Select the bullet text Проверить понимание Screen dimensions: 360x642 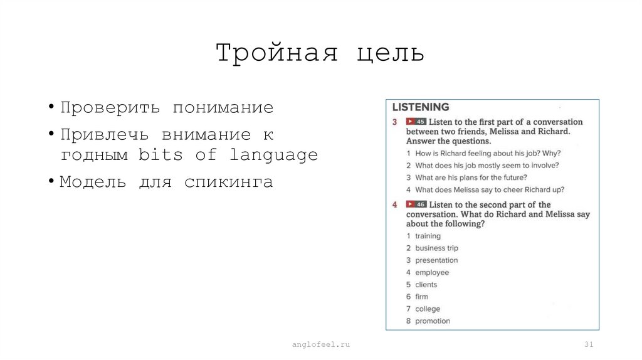tap(167, 108)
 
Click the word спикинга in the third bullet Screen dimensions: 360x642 tap(229, 183)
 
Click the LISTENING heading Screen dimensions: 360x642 tap(421, 107)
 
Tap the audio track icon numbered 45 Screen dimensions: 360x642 tap(416, 122)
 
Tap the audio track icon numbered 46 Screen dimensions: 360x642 tap(416, 204)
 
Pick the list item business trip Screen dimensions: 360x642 tap(436, 248)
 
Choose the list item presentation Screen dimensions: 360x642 tap(436, 260)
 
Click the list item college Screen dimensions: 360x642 tap(428, 309)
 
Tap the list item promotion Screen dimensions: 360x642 tap(433, 321)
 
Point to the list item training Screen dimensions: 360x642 tap(428, 236)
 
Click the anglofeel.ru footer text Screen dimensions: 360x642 tap(320, 345)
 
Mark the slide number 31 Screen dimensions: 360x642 tap(589, 345)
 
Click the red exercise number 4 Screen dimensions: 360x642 tap(395, 205)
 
